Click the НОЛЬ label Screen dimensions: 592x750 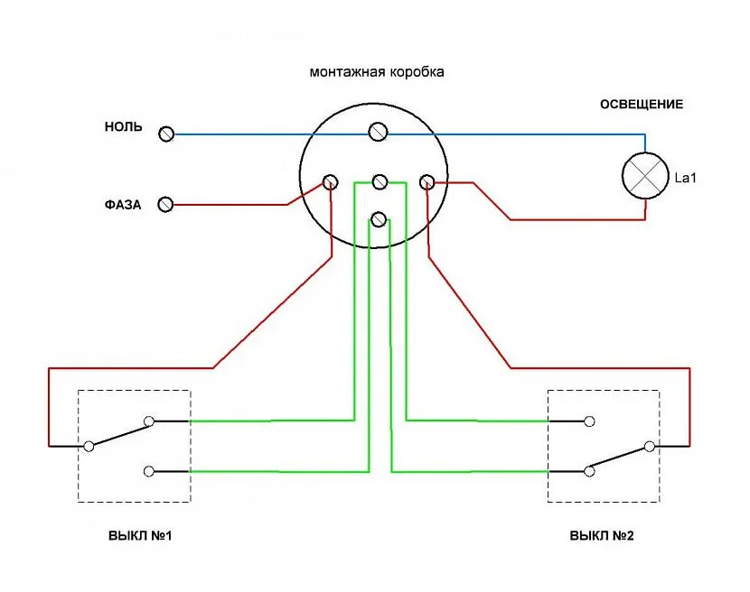tap(123, 127)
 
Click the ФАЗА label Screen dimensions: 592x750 tap(122, 205)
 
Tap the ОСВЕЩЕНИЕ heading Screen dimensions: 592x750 tap(641, 105)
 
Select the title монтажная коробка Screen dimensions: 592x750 tap(377, 71)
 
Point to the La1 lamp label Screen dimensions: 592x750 tap(686, 177)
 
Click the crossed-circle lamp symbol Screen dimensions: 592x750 tap(645, 176)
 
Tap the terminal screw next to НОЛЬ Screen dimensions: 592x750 tap(166, 134)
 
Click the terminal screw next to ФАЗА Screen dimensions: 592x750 tap(165, 205)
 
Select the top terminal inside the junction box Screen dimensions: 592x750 tap(377, 134)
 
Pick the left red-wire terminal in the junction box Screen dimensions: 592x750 tap(332, 182)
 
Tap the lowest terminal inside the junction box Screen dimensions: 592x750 tap(380, 219)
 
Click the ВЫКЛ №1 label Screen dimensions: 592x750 tap(140, 535)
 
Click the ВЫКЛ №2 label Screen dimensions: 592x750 tap(602, 535)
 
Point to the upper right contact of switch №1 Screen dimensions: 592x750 tap(149, 421)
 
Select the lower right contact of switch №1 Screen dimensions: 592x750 tap(149, 470)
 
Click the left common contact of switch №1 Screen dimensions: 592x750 tap(89, 446)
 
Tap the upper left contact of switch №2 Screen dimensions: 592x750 tap(589, 421)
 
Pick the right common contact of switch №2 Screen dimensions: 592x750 tap(649, 446)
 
